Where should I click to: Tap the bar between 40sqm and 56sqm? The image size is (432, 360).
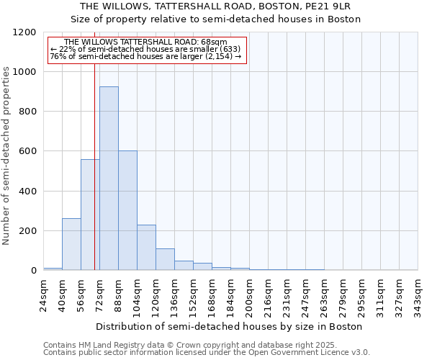(71, 244)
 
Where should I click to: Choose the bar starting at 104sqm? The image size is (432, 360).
(146, 248)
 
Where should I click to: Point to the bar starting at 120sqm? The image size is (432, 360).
(165, 259)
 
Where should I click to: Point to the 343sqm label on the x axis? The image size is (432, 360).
(418, 295)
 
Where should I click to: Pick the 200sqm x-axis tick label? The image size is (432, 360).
(250, 295)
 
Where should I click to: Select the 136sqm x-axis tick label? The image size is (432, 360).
(175, 295)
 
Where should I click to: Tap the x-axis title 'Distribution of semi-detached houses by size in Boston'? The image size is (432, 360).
(230, 326)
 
